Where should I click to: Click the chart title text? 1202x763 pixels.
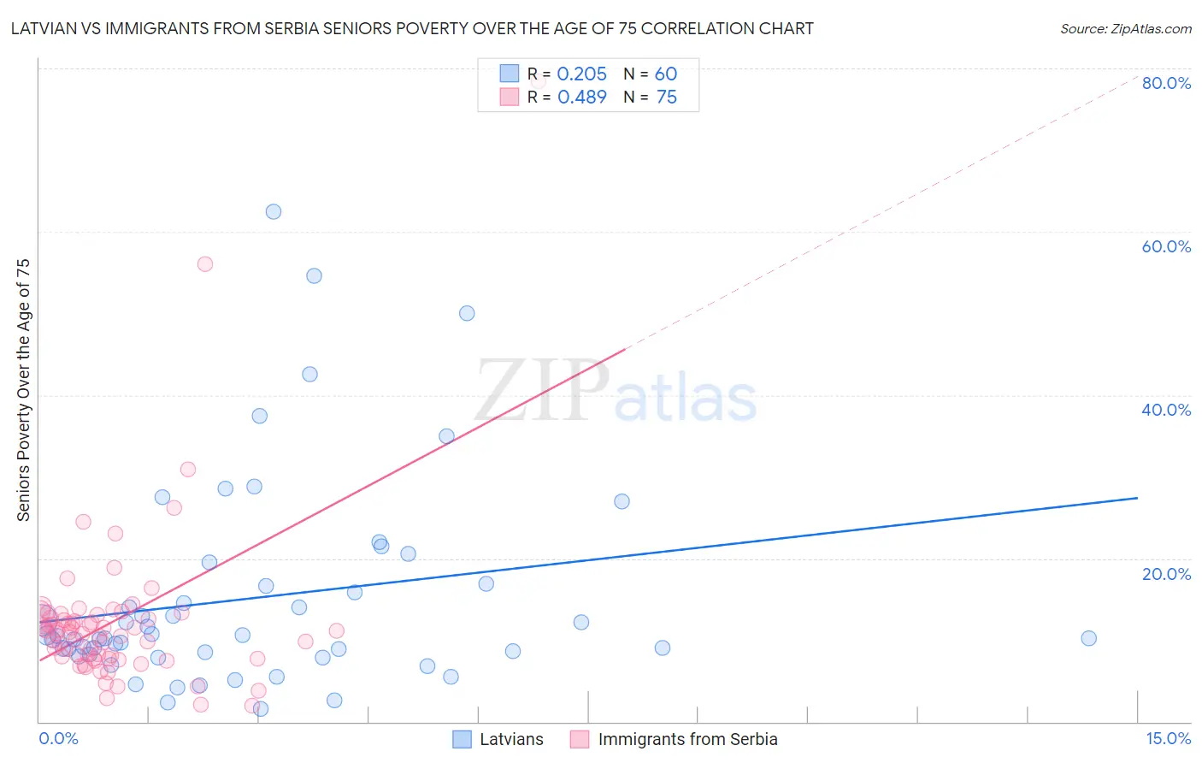click(x=412, y=28)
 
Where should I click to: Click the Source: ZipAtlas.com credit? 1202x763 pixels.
click(x=1125, y=28)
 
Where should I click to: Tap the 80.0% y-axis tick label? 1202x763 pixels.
click(x=1166, y=83)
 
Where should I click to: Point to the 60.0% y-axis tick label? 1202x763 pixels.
click(x=1166, y=246)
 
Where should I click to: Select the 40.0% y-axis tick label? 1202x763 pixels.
click(x=1166, y=410)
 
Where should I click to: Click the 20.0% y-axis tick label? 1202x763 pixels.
click(x=1166, y=574)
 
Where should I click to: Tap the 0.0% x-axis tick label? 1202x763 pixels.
click(x=58, y=739)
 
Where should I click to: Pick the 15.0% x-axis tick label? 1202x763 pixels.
click(x=1168, y=739)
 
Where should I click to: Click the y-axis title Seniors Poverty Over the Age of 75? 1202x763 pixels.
click(x=23, y=390)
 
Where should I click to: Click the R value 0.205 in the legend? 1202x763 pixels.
click(x=581, y=74)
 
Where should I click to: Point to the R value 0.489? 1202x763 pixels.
click(x=581, y=98)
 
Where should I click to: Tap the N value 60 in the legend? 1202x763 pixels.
click(x=666, y=74)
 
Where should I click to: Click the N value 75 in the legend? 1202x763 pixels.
click(x=666, y=98)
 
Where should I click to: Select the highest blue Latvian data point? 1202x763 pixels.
click(x=274, y=211)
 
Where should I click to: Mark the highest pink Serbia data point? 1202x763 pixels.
click(x=205, y=263)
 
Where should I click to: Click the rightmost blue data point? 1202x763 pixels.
click(x=1088, y=638)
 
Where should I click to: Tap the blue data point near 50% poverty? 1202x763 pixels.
click(x=467, y=313)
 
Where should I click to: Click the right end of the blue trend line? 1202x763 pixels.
click(x=1137, y=498)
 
